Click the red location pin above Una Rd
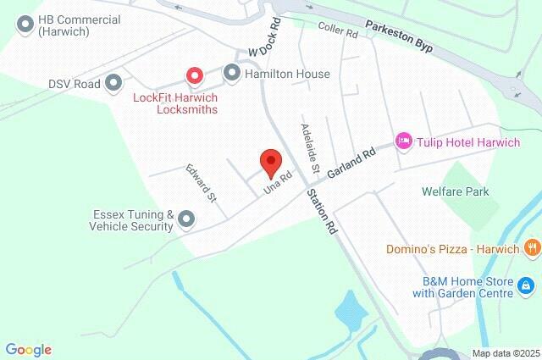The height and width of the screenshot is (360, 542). pyautogui.click(x=271, y=161)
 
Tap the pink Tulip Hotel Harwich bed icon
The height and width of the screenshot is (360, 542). pyautogui.click(x=404, y=141)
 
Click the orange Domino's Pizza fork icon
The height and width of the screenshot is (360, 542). pyautogui.click(x=531, y=248)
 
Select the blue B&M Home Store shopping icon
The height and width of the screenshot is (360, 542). pyautogui.click(x=526, y=287)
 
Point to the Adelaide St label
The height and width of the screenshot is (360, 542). pyautogui.click(x=309, y=149)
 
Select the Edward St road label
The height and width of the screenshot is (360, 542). pyautogui.click(x=202, y=184)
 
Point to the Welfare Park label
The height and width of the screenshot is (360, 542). pyautogui.click(x=456, y=191)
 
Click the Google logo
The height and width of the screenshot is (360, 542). pyautogui.click(x=28, y=349)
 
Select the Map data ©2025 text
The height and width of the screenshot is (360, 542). pyautogui.click(x=505, y=353)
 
